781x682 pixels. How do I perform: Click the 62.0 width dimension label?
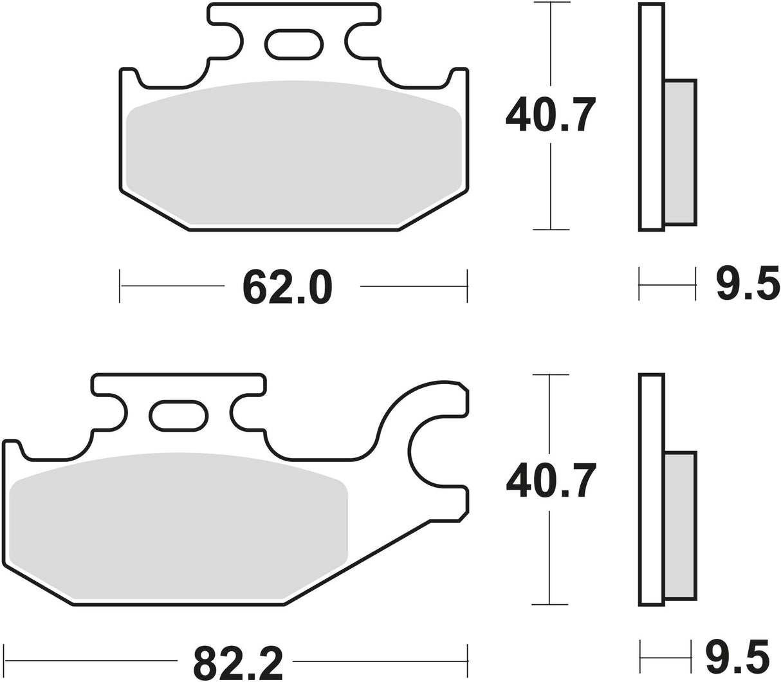coord(288,287)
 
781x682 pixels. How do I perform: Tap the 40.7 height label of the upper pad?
coord(550,114)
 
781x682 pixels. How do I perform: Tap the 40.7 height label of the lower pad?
coord(550,481)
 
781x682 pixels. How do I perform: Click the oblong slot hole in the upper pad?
coord(295,44)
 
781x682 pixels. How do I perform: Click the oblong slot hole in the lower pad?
coord(179,415)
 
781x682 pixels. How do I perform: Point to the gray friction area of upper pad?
coord(293,154)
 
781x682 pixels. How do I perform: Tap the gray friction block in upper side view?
coord(679,152)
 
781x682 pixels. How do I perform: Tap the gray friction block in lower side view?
coord(679,525)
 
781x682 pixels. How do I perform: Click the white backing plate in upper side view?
coord(651,116)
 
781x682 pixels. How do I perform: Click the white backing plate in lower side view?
coord(651,489)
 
